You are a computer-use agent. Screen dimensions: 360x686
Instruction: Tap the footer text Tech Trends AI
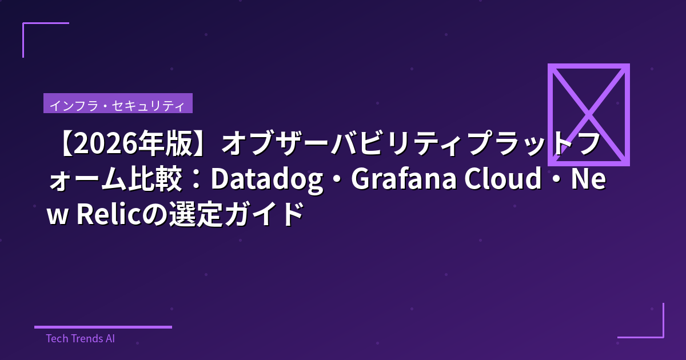pos(80,338)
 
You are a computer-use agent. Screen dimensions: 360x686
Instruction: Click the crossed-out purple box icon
pos(588,114)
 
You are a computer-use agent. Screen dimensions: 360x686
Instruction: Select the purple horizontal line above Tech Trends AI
pos(103,327)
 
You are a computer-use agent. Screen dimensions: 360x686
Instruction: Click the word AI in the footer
pos(110,338)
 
